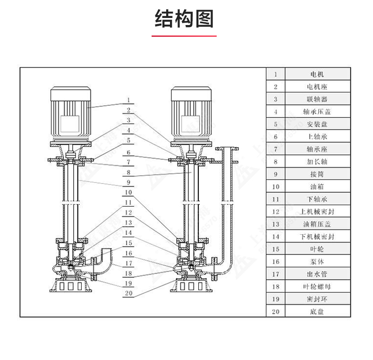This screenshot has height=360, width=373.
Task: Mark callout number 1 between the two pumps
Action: [128, 100]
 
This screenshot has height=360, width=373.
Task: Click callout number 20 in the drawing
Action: [128, 293]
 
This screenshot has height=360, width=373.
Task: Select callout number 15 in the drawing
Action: [128, 243]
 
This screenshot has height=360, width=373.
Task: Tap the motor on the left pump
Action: [70, 113]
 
